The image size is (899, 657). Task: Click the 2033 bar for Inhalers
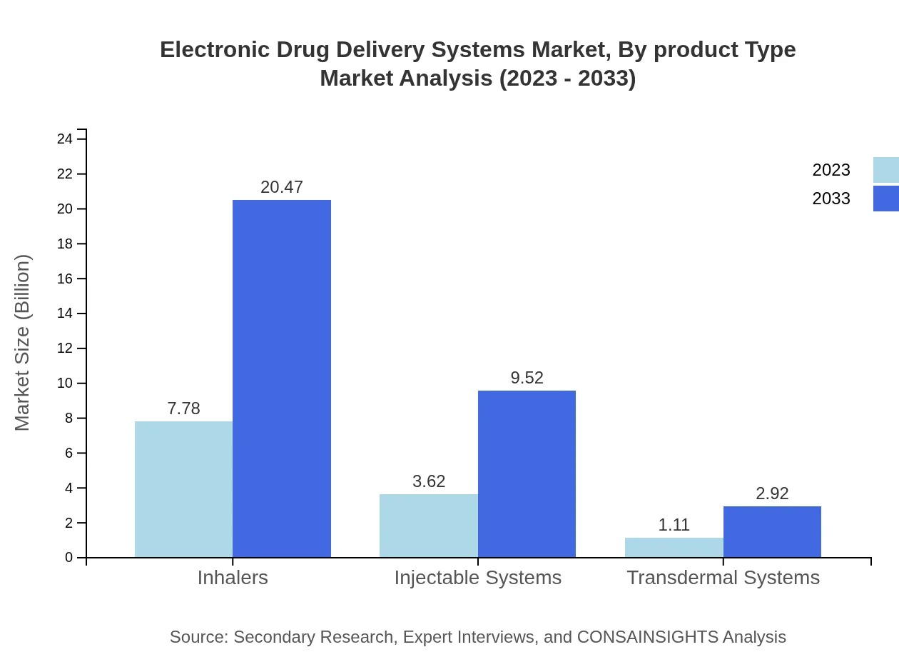pyautogui.click(x=282, y=378)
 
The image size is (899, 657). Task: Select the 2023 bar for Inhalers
pyautogui.click(x=183, y=489)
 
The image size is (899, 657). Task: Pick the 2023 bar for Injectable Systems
pyautogui.click(x=428, y=526)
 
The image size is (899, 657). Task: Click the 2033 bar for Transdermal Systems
pyautogui.click(x=772, y=532)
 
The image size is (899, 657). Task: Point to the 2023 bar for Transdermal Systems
pyautogui.click(x=674, y=548)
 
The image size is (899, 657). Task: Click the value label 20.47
pyautogui.click(x=282, y=187)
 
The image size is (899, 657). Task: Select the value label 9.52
pyautogui.click(x=527, y=378)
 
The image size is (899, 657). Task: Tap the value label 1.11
pyautogui.click(x=674, y=525)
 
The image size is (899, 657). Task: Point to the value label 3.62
pyautogui.click(x=429, y=481)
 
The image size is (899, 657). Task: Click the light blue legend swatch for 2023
pyautogui.click(x=885, y=170)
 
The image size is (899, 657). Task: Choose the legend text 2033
pyautogui.click(x=831, y=199)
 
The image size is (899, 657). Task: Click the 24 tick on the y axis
pyautogui.click(x=65, y=139)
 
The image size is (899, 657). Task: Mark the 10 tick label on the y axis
pyautogui.click(x=65, y=383)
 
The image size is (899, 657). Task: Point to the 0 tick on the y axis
pyautogui.click(x=69, y=558)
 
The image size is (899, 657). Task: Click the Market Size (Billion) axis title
pyautogui.click(x=22, y=343)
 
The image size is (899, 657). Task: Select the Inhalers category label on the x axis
pyautogui.click(x=233, y=578)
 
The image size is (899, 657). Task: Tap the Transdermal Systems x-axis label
pyautogui.click(x=723, y=578)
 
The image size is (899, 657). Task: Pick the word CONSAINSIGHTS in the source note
pyautogui.click(x=648, y=637)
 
